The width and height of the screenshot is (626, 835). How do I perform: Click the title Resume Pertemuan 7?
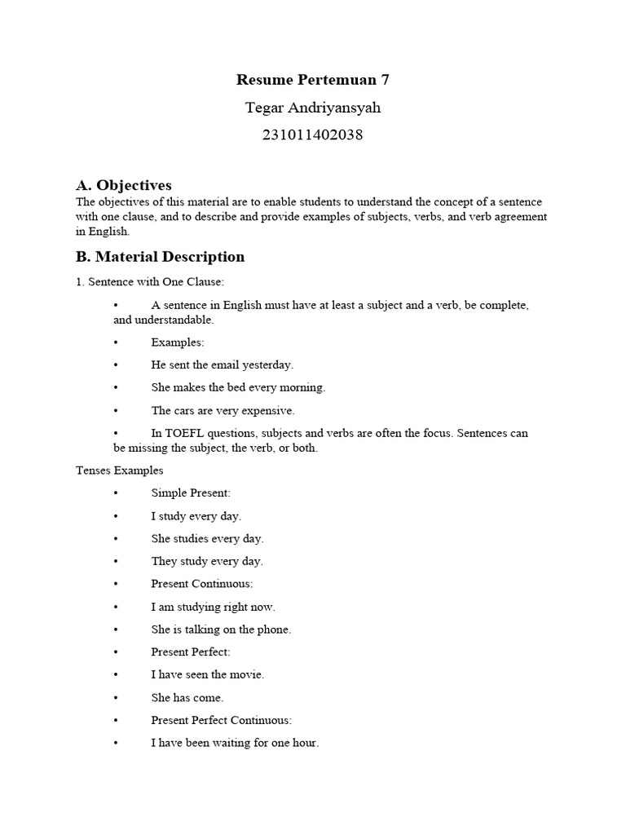(x=313, y=80)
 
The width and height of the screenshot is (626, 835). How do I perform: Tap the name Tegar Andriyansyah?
(x=313, y=108)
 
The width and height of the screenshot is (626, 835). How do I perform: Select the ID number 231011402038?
(x=313, y=135)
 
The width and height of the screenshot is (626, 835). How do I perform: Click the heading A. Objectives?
(x=124, y=185)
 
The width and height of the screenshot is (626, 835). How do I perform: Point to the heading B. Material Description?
(x=160, y=257)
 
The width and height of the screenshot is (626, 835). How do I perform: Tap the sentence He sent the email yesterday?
(x=223, y=365)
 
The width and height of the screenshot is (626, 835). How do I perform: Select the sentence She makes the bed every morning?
(x=238, y=388)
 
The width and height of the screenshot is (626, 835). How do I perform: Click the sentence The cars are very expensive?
(x=223, y=411)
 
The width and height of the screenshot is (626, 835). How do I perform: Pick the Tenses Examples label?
(x=120, y=471)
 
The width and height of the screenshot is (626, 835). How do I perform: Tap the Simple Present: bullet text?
(x=191, y=493)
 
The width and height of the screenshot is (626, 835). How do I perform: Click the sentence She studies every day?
(x=207, y=539)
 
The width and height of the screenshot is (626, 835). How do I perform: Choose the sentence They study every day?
(x=207, y=562)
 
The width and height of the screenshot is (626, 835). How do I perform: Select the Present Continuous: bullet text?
(x=202, y=585)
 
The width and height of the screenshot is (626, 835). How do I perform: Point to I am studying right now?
(x=214, y=607)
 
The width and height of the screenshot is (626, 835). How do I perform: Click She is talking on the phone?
(x=221, y=630)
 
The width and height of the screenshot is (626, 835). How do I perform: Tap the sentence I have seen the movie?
(x=208, y=675)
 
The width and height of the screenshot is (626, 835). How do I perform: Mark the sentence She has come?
(x=187, y=698)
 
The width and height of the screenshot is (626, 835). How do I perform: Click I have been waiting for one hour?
(x=235, y=744)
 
